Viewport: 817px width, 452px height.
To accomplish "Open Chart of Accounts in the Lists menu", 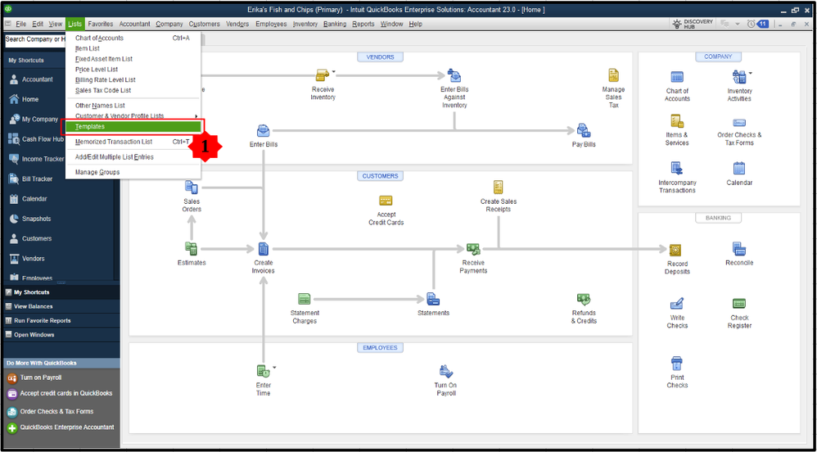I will (100, 38).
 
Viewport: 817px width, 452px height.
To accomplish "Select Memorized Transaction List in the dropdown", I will (114, 142).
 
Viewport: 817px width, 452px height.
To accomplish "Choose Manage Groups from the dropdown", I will (97, 172).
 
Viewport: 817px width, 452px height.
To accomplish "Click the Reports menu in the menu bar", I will (363, 24).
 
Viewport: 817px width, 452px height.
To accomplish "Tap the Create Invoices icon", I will (264, 249).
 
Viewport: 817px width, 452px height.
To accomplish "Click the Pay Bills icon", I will (584, 131).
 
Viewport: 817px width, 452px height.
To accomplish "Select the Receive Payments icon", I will (473, 249).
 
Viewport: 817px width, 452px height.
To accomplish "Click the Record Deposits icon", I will (676, 251).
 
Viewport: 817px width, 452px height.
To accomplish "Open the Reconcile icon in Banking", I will (739, 249).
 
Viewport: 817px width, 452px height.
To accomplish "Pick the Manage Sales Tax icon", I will (613, 76).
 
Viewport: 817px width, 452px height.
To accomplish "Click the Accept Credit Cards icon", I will (386, 201).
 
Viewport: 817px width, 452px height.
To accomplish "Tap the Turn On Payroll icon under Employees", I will (446, 372).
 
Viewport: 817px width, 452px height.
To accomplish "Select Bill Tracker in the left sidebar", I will (37, 179).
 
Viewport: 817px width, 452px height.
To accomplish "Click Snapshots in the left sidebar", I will (36, 219).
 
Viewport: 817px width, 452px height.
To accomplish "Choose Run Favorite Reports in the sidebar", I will (42, 320).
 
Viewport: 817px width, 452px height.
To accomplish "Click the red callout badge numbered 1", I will (205, 146).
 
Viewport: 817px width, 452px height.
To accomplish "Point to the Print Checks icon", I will (677, 364).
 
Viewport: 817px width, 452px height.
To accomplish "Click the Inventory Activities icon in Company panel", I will (739, 78).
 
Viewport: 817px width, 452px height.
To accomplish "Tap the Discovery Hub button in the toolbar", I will (691, 24).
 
